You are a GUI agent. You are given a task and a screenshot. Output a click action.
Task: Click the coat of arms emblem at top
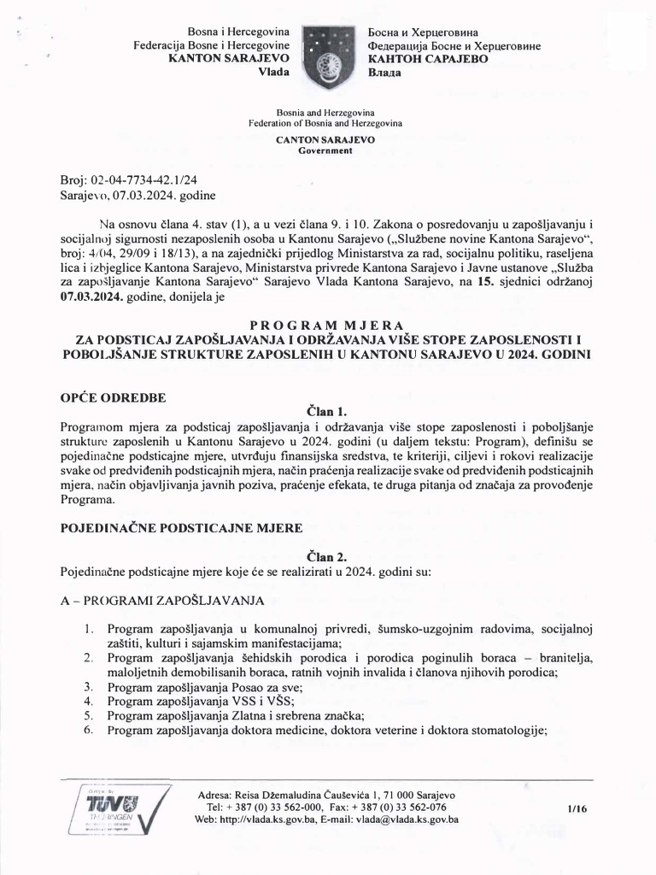[327, 57]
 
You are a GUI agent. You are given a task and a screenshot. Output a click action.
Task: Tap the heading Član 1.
[327, 411]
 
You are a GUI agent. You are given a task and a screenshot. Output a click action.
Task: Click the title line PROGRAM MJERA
[327, 326]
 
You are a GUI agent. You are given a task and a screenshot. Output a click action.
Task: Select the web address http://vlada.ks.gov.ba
[263, 819]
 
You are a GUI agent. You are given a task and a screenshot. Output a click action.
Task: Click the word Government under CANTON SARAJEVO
[325, 150]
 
